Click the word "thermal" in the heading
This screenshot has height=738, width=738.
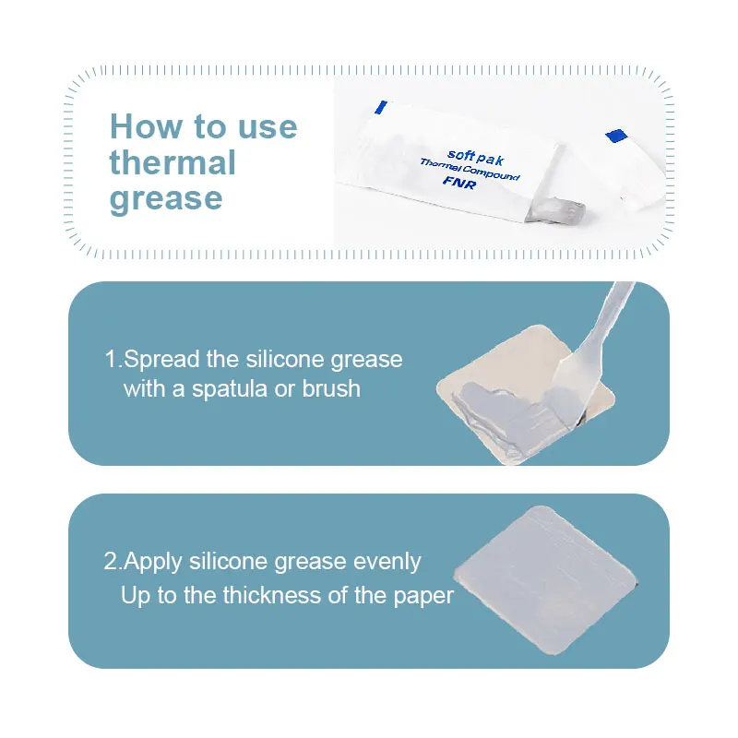click(173, 162)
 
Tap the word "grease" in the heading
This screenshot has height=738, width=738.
click(166, 199)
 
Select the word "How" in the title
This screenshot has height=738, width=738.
click(146, 126)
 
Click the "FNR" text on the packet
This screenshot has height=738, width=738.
click(459, 182)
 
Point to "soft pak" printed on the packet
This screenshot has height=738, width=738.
click(475, 157)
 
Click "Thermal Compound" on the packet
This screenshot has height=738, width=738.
click(470, 170)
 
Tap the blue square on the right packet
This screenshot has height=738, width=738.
click(616, 136)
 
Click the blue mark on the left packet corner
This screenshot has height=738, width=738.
click(381, 107)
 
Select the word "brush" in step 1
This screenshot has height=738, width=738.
click(331, 388)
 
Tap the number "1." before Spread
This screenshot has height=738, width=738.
click(113, 359)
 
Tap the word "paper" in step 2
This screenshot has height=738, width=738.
click(423, 597)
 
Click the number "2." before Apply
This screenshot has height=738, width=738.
click(113, 561)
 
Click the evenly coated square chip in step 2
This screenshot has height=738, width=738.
click(545, 580)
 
